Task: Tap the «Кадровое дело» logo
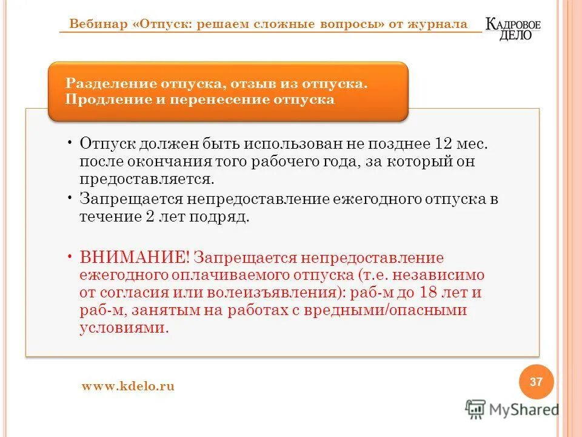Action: click(x=513, y=29)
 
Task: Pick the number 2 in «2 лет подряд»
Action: click(x=150, y=217)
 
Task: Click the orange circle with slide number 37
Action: click(x=537, y=382)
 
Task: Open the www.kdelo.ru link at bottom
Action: click(x=128, y=386)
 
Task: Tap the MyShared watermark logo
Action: click(x=512, y=409)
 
